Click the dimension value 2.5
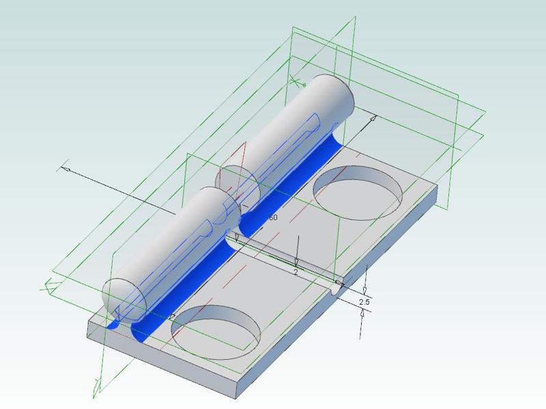pyautogui.click(x=364, y=301)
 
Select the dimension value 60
pyautogui.click(x=272, y=217)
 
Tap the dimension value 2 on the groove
pyautogui.click(x=296, y=272)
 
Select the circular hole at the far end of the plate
pyautogui.click(x=357, y=190)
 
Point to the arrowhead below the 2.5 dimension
pyautogui.click(x=362, y=314)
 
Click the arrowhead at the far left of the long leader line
pyautogui.click(x=66, y=168)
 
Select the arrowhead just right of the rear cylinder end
pyautogui.click(x=373, y=119)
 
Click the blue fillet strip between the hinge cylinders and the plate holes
pyautogui.click(x=273, y=191)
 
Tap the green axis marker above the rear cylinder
pyautogui.click(x=296, y=82)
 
